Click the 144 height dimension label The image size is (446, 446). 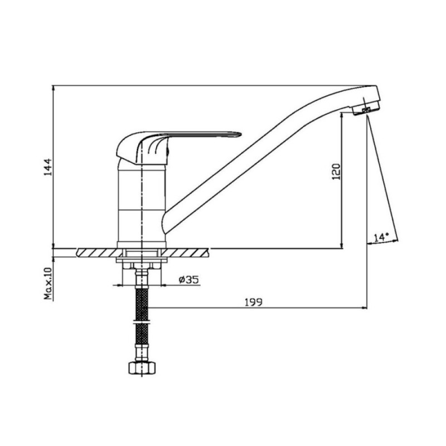(x=48, y=167)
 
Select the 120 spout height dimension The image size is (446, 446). (x=336, y=172)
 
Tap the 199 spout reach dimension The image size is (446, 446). (x=254, y=302)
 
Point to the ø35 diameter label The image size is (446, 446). (x=189, y=280)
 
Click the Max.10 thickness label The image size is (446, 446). (x=48, y=284)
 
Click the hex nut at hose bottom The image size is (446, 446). (x=142, y=368)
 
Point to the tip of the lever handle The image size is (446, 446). (x=241, y=134)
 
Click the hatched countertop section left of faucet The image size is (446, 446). (x=100, y=253)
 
